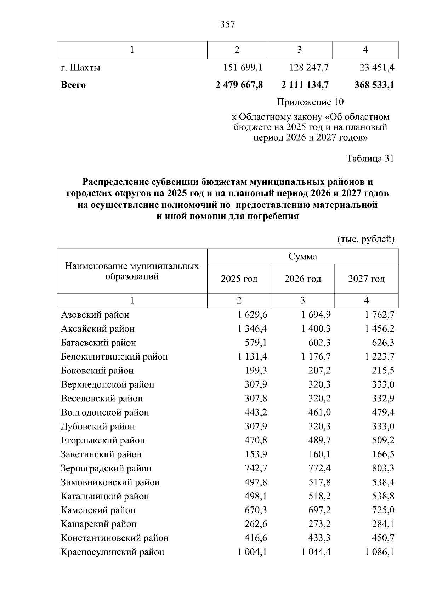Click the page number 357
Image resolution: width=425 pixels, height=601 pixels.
(x=227, y=24)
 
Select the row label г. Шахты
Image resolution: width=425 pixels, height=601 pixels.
(x=80, y=67)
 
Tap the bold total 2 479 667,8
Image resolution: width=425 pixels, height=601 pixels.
(x=239, y=85)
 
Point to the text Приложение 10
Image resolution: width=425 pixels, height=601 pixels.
(x=310, y=102)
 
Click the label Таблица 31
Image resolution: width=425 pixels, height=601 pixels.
(x=370, y=159)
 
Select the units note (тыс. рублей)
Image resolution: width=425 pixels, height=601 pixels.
(x=366, y=239)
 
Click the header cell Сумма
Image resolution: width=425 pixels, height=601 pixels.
(x=303, y=257)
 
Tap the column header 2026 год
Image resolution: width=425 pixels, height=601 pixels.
(x=303, y=279)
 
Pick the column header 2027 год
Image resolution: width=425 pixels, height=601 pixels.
(x=367, y=279)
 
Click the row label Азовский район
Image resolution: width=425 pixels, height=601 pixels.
(x=95, y=315)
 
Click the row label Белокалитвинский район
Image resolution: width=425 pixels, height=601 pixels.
(x=114, y=357)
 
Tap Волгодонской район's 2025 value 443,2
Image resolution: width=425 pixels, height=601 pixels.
(x=256, y=412)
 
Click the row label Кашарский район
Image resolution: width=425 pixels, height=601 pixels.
(x=98, y=524)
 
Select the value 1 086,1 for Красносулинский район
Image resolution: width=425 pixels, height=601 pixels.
(x=380, y=552)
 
